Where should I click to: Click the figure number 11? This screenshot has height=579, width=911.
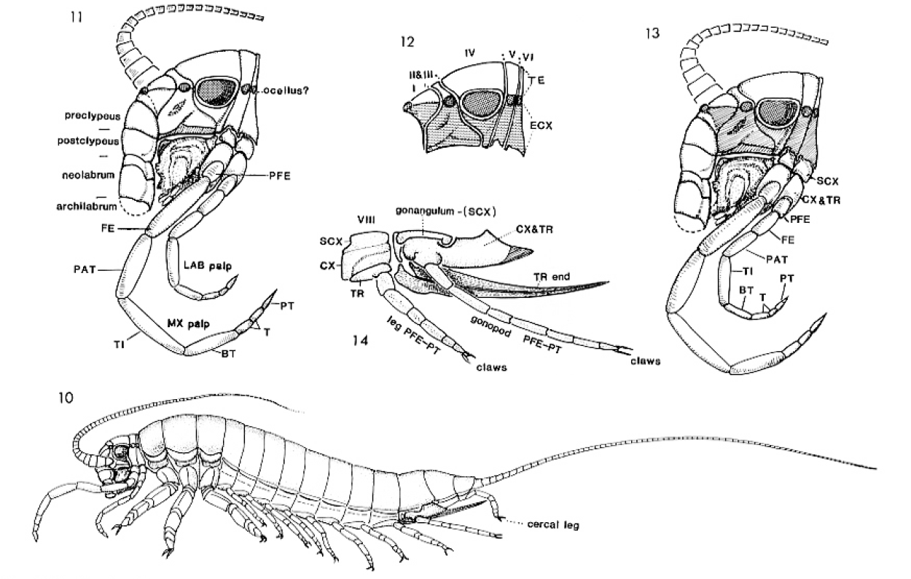(x=71, y=15)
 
